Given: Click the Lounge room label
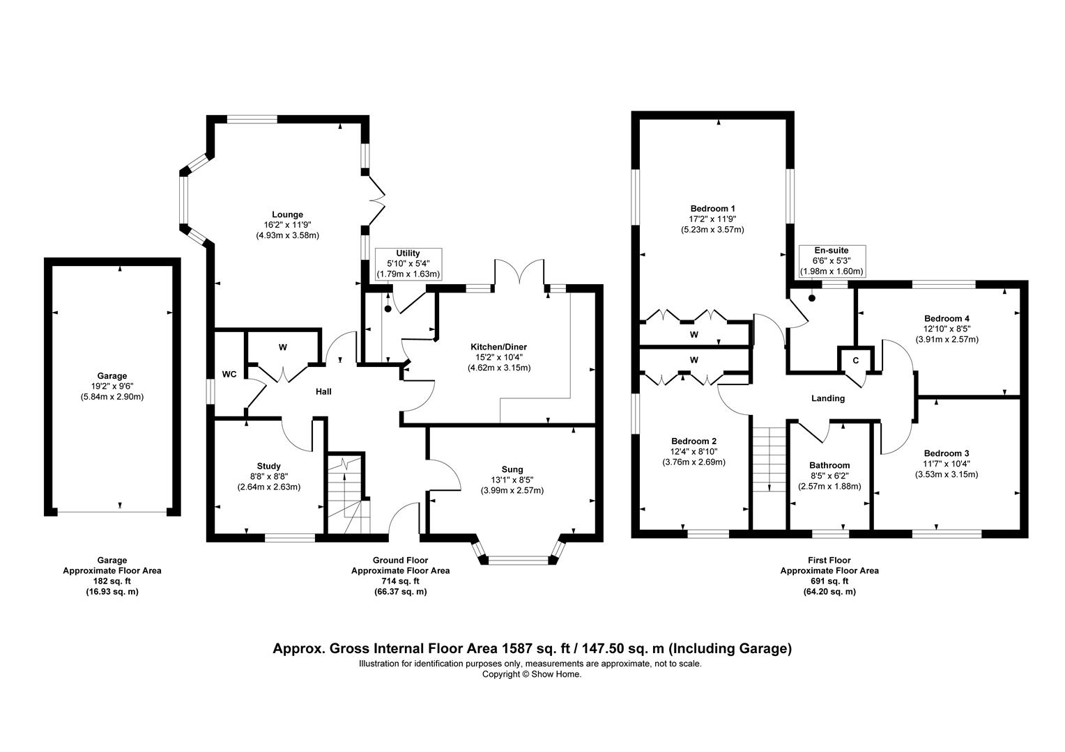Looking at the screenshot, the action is point(287,214).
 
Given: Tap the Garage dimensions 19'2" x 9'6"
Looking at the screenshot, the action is point(112,386).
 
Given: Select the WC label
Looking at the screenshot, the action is point(229,375).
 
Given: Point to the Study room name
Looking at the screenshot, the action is point(268,466).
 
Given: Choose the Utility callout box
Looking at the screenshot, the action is point(408,264).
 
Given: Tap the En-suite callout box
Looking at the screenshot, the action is point(832,261).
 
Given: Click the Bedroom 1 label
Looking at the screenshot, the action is point(713,208).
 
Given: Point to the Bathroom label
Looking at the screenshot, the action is point(829,465).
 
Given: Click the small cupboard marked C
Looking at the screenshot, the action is point(856,361).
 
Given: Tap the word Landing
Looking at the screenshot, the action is point(828,398).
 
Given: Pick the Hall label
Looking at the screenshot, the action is point(324,391).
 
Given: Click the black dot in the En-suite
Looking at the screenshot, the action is point(812,298).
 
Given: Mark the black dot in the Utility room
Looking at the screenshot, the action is point(388,308).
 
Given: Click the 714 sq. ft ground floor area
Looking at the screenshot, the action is point(400,581).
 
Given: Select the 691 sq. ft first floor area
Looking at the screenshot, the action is point(829,581).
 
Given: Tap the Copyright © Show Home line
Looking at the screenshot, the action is point(532,673).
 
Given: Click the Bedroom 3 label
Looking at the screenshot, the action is point(946,453).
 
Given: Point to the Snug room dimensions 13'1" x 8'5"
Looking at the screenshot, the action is point(512,480).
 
